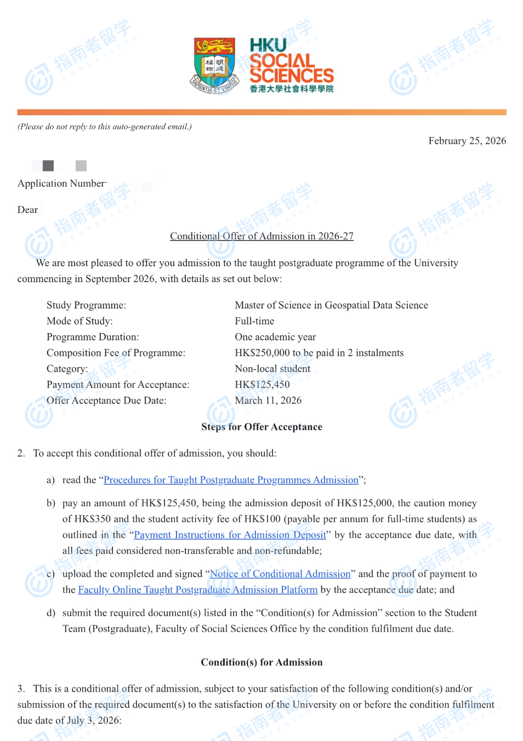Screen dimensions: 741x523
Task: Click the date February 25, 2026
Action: click(467, 141)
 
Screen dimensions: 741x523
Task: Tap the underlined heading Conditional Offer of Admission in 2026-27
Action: click(261, 236)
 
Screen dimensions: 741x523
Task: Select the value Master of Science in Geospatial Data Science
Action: click(331, 305)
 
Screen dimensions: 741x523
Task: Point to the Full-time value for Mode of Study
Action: click(254, 321)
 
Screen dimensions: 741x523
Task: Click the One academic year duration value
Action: click(275, 337)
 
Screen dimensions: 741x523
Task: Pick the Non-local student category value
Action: click(272, 369)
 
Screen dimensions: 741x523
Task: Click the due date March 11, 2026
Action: click(268, 401)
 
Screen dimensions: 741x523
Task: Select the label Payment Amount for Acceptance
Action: click(118, 385)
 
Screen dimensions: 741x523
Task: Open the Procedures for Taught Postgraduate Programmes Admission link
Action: click(231, 480)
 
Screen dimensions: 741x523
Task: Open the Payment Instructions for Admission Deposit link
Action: click(230, 535)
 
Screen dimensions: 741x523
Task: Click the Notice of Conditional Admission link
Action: click(280, 574)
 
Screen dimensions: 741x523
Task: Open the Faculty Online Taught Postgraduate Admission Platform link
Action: click(197, 590)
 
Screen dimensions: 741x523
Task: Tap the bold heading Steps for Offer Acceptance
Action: click(261, 427)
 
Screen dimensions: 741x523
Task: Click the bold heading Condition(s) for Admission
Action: click(261, 663)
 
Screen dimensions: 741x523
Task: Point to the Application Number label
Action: click(61, 183)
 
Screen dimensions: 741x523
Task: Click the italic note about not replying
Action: click(105, 127)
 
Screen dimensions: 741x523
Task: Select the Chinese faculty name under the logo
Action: click(291, 89)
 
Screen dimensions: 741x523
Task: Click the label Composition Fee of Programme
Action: click(116, 353)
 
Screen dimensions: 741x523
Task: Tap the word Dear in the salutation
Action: click(27, 210)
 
